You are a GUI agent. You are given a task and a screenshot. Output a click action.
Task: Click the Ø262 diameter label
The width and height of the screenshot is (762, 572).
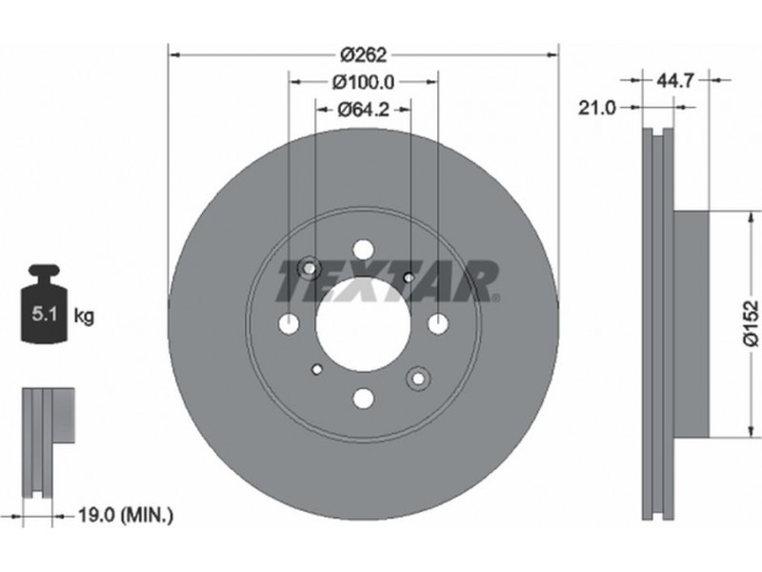[x=363, y=55]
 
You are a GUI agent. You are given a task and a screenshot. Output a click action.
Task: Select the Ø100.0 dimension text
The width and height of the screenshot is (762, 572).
[x=363, y=82]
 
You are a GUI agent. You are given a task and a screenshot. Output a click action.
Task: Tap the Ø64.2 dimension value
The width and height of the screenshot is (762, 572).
[x=364, y=110]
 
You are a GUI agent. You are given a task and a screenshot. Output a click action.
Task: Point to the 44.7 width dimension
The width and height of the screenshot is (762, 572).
[x=675, y=80]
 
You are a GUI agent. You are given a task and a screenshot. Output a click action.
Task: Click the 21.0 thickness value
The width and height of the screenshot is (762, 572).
[x=597, y=108]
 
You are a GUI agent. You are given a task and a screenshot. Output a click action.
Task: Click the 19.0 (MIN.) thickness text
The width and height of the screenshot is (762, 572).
[x=126, y=515]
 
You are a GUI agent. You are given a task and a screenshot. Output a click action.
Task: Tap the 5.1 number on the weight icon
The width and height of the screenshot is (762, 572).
[x=44, y=315]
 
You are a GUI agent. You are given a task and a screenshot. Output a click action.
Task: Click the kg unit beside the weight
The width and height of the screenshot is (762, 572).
[x=84, y=317]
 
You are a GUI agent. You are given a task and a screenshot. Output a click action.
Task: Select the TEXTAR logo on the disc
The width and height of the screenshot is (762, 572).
[x=388, y=281]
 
